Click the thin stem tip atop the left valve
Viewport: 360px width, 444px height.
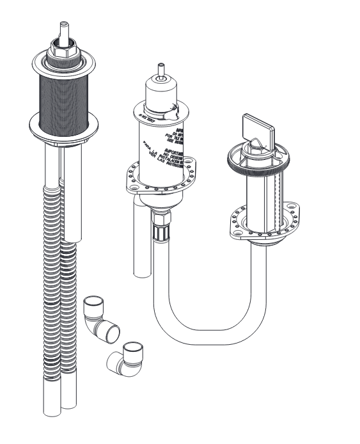tap(63, 28)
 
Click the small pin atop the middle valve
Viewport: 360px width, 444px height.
tap(161, 69)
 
